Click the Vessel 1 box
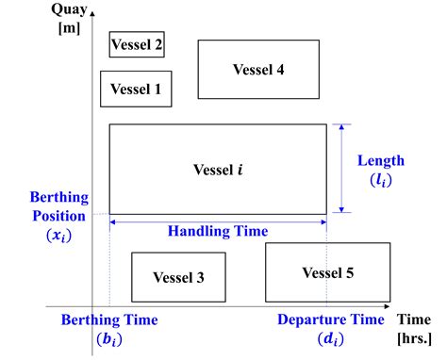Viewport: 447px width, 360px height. pos(137,89)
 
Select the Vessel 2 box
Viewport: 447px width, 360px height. pos(137,44)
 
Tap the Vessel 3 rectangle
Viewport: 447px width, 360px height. pos(177,276)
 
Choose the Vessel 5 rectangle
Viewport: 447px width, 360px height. pos(327,272)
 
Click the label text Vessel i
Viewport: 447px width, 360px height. pos(218,169)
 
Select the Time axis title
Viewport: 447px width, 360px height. pos(413,319)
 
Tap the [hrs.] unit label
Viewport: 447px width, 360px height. pos(413,338)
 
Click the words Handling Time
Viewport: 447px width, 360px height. pos(218,231)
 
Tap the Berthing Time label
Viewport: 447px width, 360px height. pos(109,319)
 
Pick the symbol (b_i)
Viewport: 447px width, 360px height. pos(109,339)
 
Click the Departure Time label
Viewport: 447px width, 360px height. pos(331,319)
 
